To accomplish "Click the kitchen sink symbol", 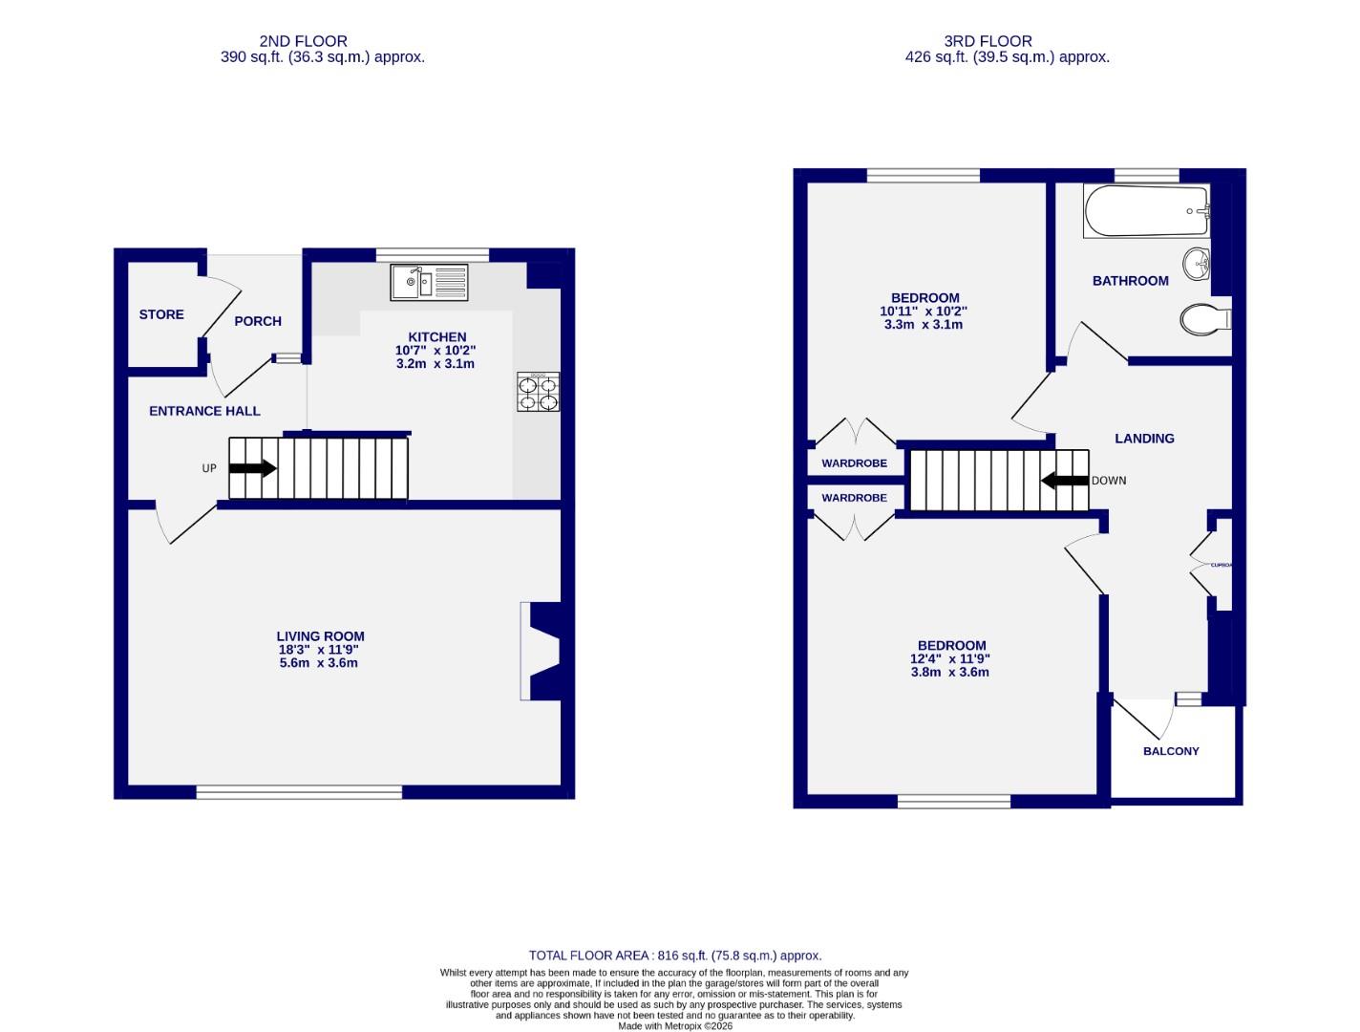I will click(x=429, y=282).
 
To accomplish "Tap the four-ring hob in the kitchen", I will click(x=538, y=392).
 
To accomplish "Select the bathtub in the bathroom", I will click(x=1146, y=211).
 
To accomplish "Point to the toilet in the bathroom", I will click(x=1203, y=318).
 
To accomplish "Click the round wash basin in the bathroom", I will click(x=1197, y=265).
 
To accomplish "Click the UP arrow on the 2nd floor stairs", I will click(x=252, y=468).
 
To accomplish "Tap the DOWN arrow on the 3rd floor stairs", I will click(x=1064, y=481).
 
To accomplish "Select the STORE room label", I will click(x=161, y=314).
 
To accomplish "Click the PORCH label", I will click(x=258, y=321).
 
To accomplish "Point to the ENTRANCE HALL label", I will click(x=204, y=411).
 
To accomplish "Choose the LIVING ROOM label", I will click(x=320, y=636).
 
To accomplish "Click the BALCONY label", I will click(x=1171, y=751).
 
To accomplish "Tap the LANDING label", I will click(x=1144, y=439).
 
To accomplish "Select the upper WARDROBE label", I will click(x=854, y=463).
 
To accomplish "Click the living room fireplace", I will click(x=540, y=651).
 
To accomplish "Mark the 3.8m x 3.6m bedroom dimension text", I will click(x=949, y=672).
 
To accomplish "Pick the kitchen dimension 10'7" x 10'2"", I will click(x=436, y=351).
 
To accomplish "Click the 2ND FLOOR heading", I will click(x=303, y=41).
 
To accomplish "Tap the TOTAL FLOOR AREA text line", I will click(x=674, y=956).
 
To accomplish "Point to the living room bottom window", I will click(x=299, y=792).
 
